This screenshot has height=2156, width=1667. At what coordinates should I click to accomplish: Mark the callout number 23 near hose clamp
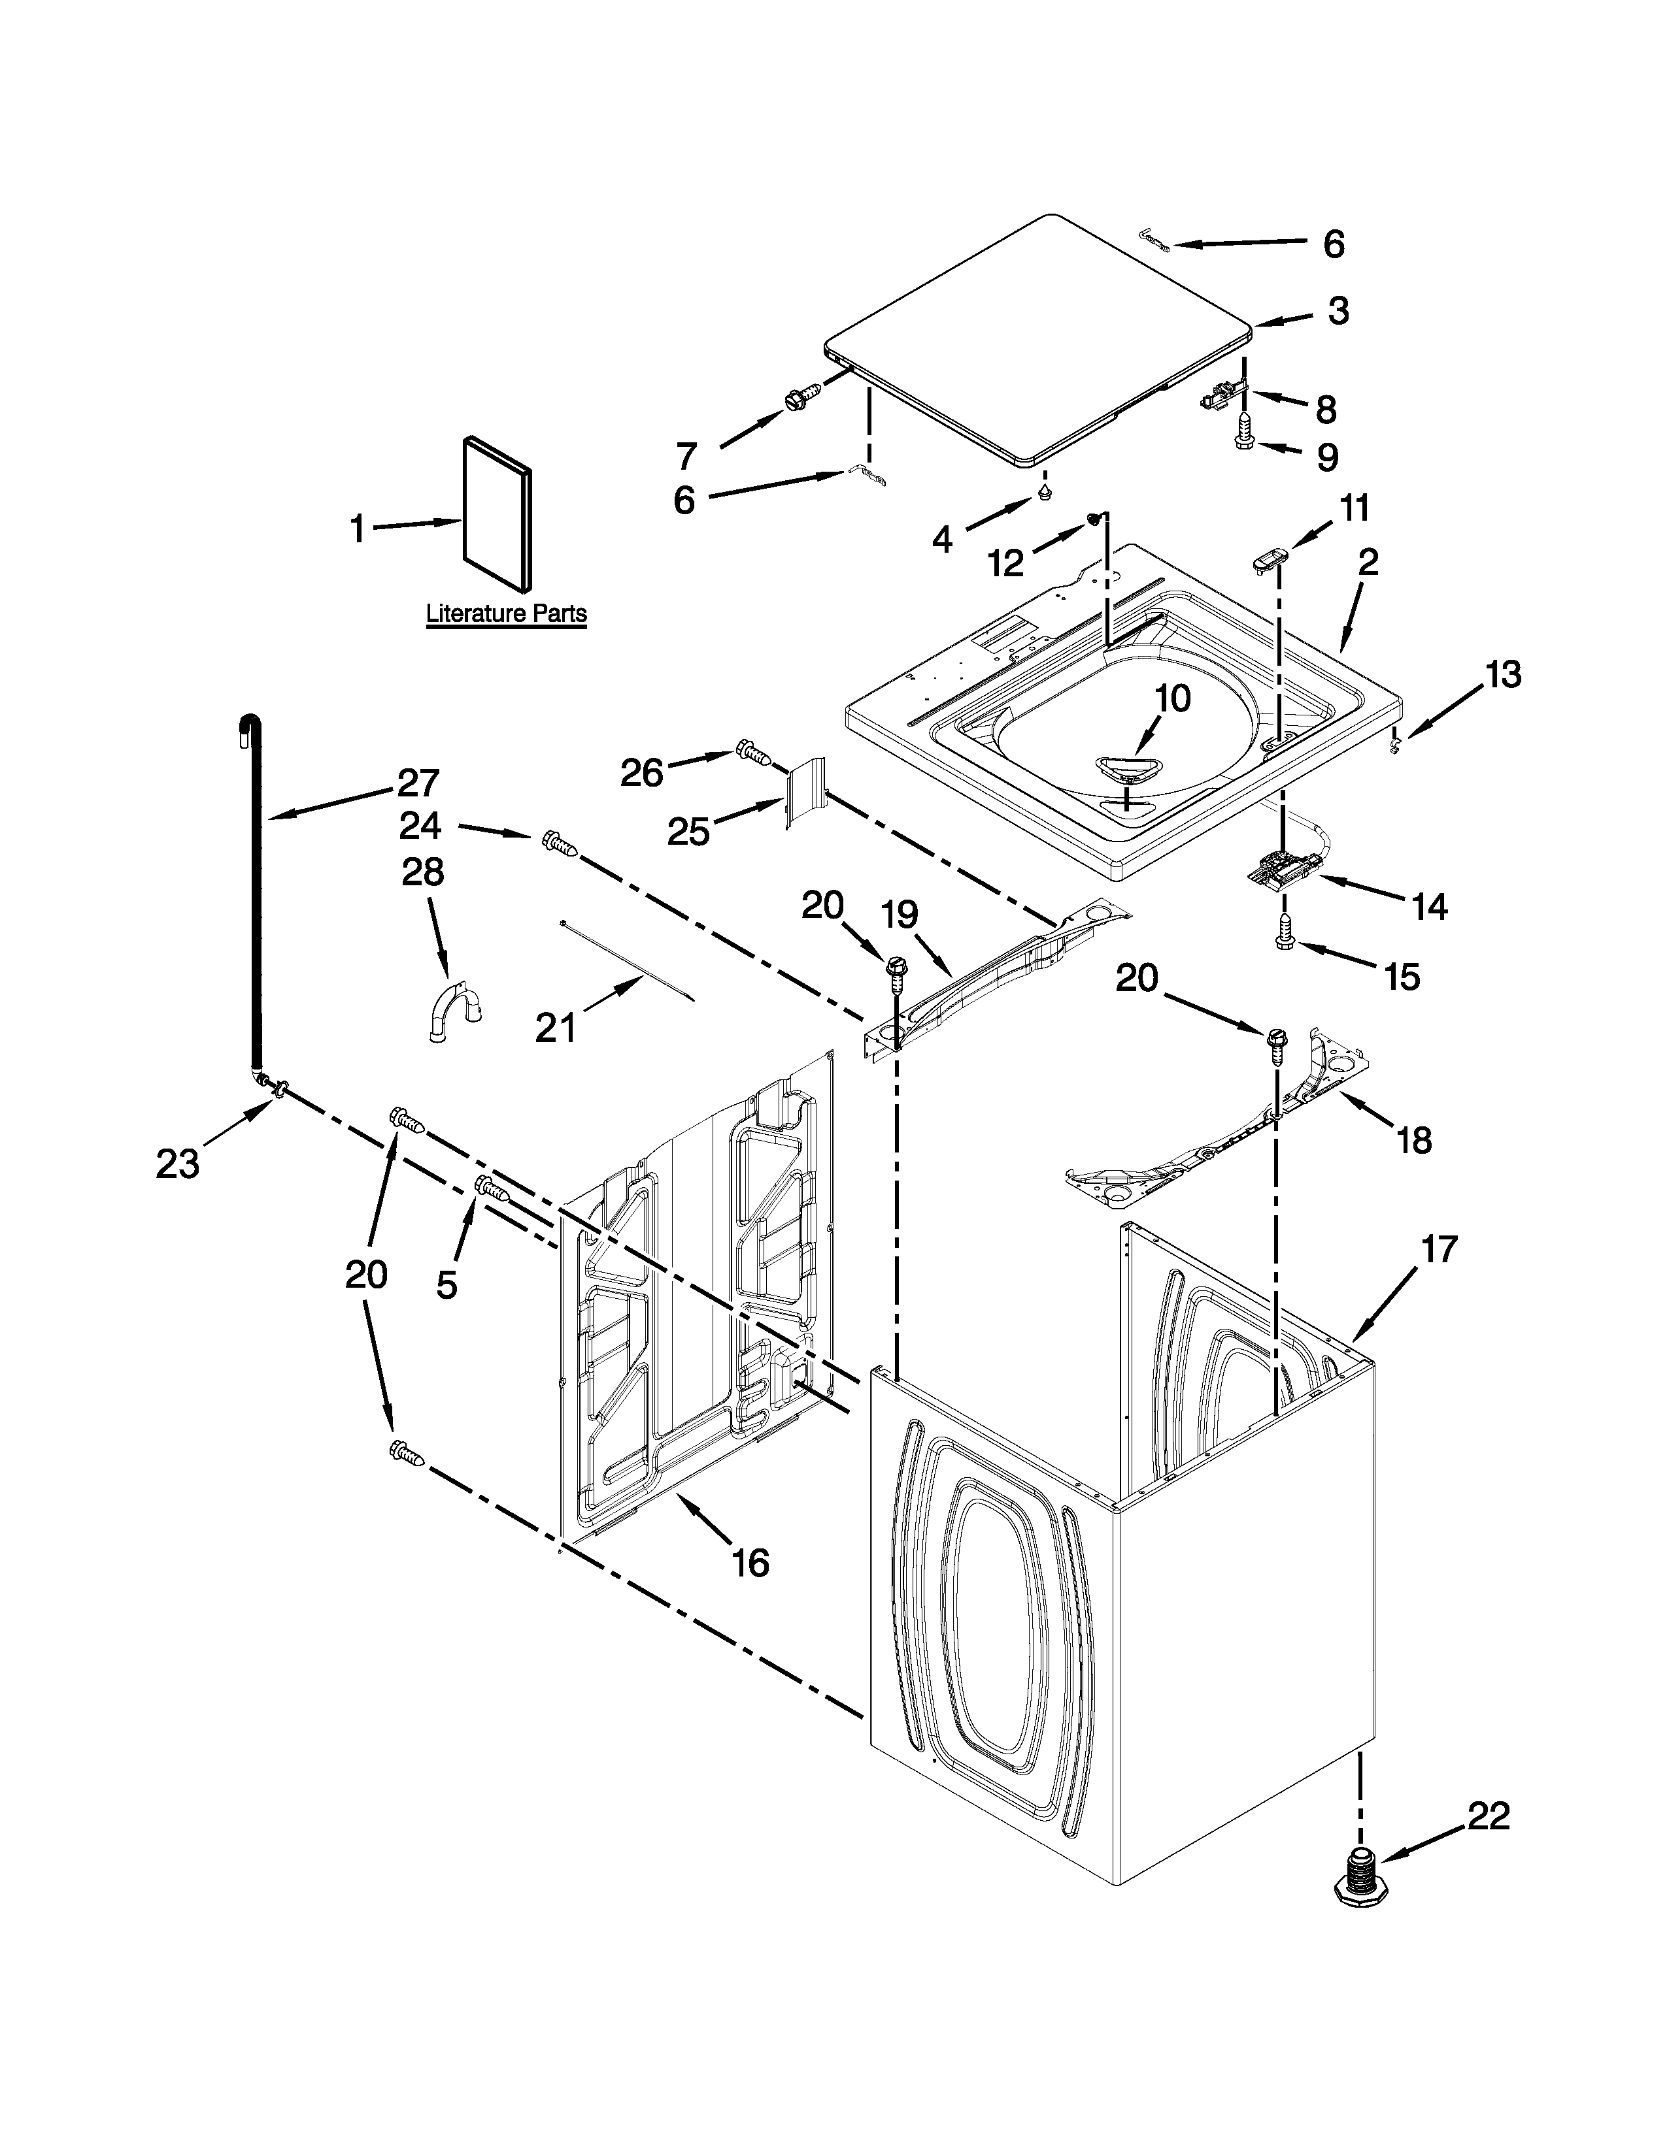coord(178,1163)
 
